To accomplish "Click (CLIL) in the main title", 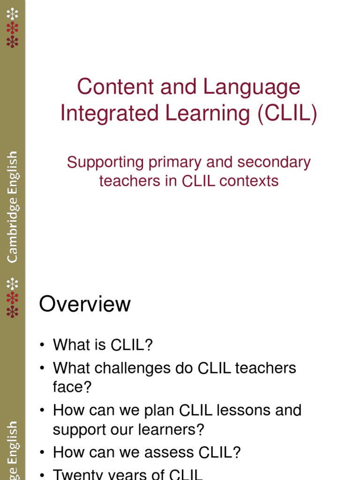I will coord(287,113).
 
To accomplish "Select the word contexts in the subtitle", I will coord(249,181).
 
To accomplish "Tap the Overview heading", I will coord(85,304).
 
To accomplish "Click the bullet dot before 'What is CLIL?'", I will coord(42,345).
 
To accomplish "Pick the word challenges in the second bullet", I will coord(133,368).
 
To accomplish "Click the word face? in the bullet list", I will coord(72,387).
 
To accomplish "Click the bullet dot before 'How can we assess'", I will coord(42,453).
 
